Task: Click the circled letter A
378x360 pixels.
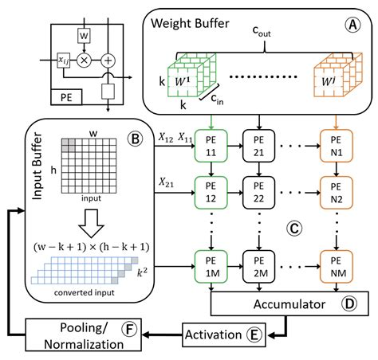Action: coord(352,25)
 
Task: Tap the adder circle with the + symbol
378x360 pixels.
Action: coord(109,60)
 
